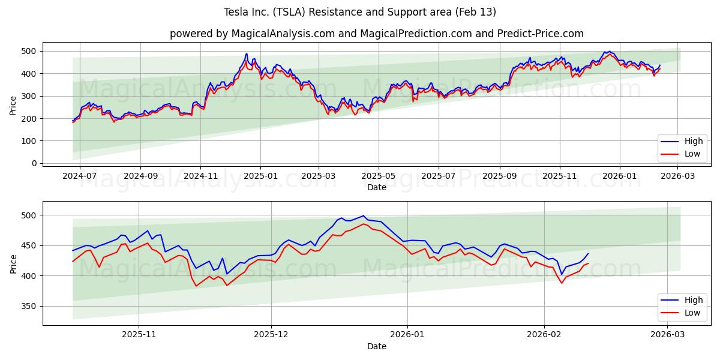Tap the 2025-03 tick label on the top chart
(x=319, y=176)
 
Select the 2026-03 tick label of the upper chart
(x=678, y=176)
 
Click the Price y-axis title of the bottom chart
(x=13, y=263)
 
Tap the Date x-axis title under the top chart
(x=376, y=187)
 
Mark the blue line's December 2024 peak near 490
(x=246, y=53)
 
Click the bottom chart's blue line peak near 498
(x=363, y=216)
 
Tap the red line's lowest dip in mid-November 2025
(x=196, y=286)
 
